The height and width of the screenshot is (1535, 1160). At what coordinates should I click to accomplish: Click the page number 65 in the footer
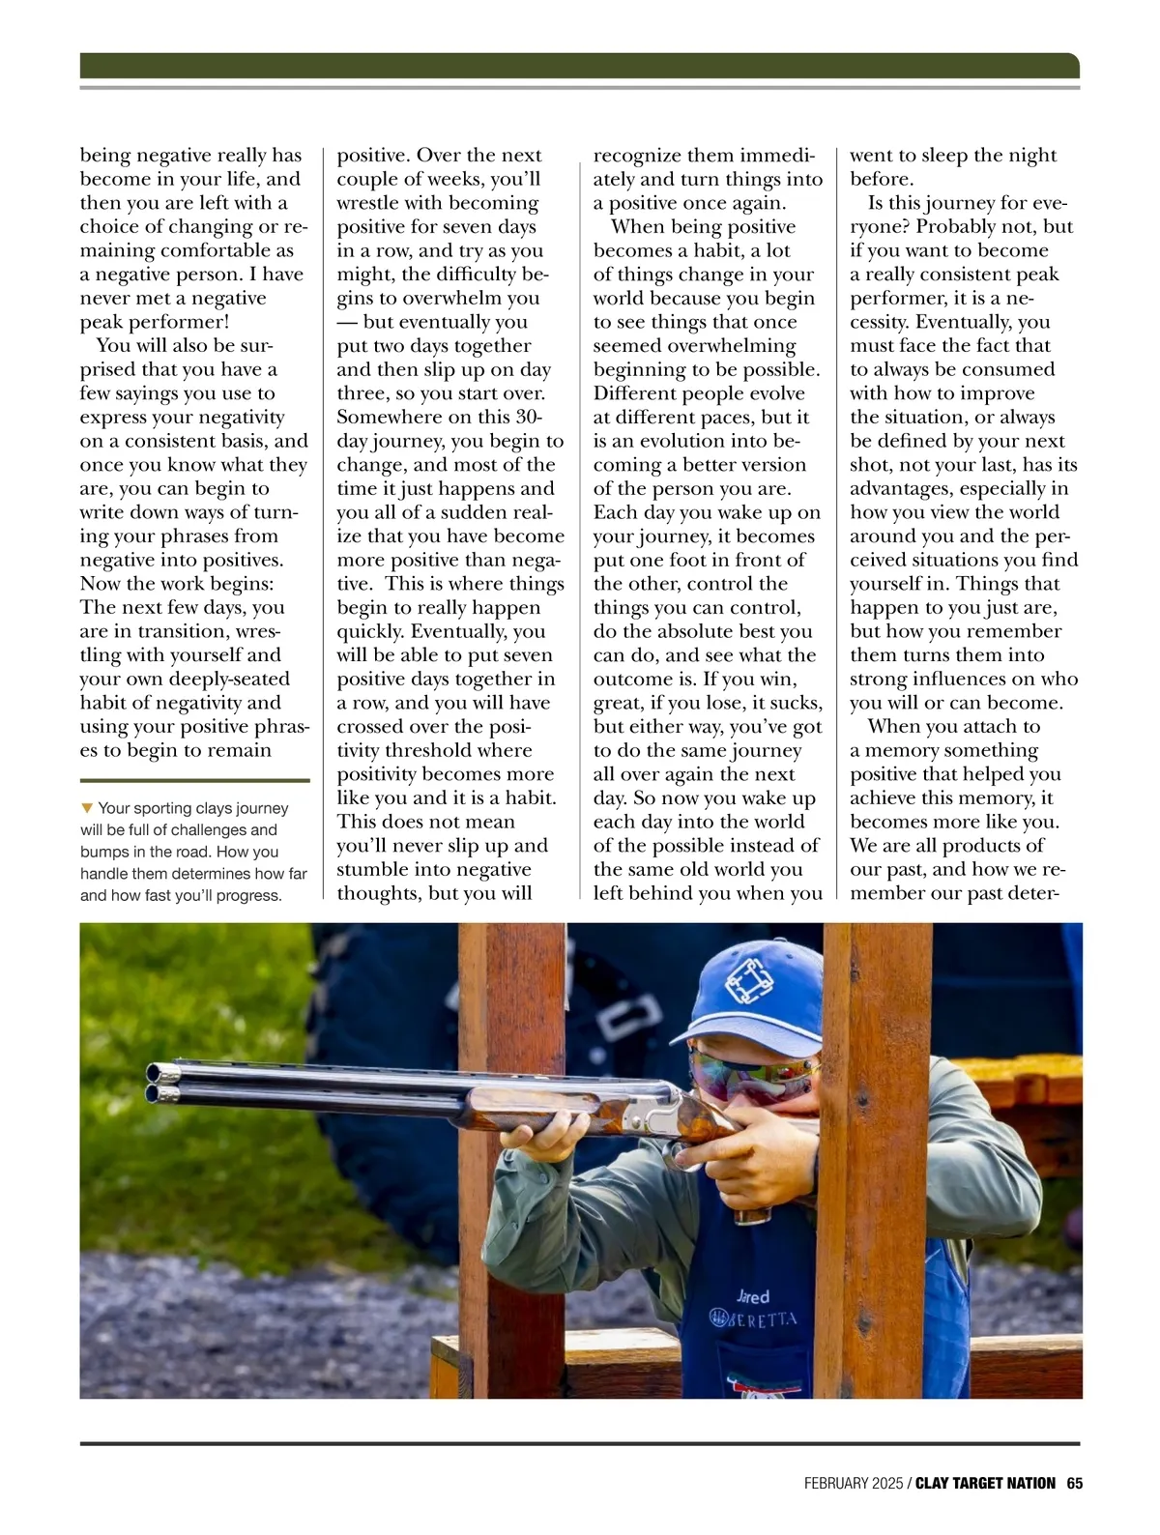coord(1073,1483)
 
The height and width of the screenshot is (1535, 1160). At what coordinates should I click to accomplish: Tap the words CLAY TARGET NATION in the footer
coord(985,1483)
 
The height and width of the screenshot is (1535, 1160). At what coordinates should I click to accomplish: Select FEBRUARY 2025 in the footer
coord(854,1483)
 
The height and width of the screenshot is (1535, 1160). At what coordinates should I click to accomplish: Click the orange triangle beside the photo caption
coord(87,807)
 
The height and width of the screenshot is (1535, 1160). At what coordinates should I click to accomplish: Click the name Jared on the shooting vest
coord(753,1296)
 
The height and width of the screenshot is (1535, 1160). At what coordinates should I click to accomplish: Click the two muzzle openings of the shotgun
coord(159,1083)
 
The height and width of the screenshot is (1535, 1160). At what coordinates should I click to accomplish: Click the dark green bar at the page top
coord(579,65)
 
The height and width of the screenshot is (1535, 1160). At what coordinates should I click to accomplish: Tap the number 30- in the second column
coord(527,417)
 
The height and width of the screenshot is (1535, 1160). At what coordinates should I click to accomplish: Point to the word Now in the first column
coord(100,583)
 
